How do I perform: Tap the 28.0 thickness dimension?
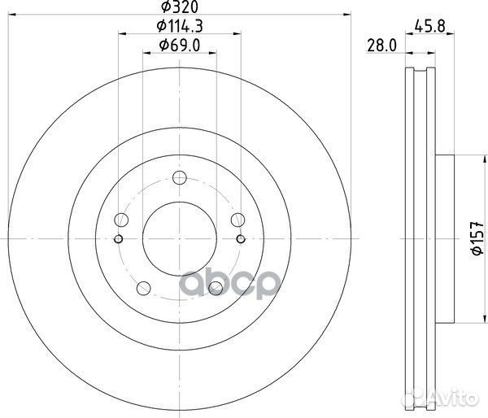point(380,47)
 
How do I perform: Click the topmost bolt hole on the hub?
point(181,180)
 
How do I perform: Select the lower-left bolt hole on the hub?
point(144,287)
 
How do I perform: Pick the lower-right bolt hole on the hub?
point(216,287)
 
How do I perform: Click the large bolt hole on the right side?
point(237,220)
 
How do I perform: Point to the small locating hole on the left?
point(119,238)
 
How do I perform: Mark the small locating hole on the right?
point(242,238)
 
